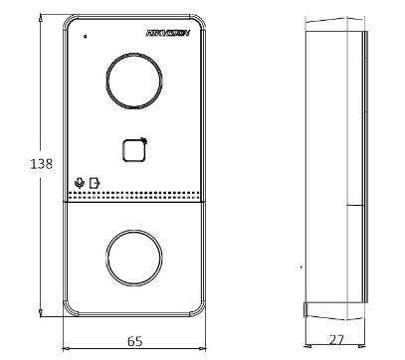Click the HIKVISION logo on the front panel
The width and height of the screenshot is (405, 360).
pos(166,33)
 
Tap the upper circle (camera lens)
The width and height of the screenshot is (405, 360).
pos(131,77)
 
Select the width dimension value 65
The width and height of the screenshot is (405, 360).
pos(133,340)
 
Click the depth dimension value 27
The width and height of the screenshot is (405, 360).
pos(335,340)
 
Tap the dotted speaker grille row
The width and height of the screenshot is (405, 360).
pos(133,194)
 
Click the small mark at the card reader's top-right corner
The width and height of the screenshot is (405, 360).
pos(144,139)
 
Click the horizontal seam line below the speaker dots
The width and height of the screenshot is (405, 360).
pos(133,202)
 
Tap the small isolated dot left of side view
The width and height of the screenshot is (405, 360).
pos(301,268)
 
